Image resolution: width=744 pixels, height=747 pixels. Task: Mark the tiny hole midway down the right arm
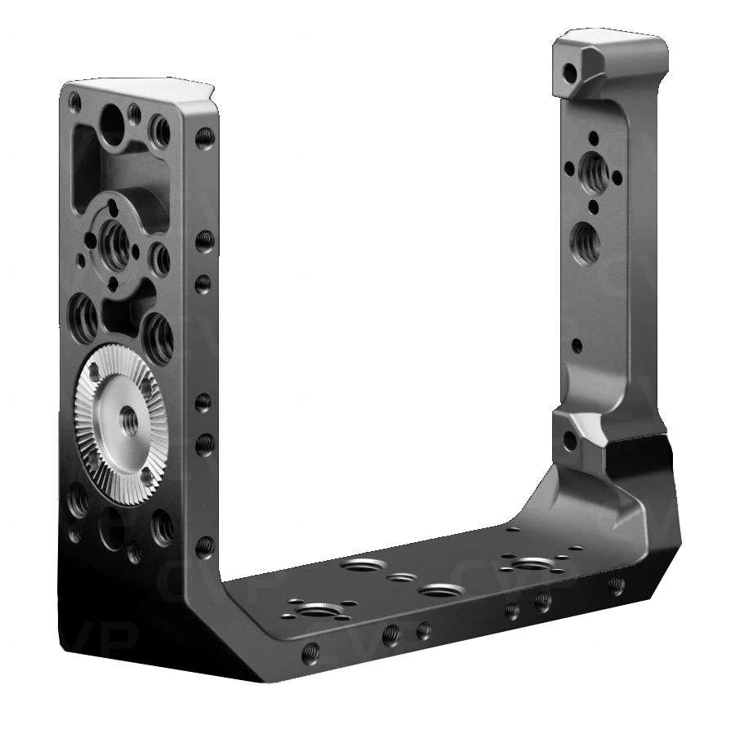(x=577, y=345)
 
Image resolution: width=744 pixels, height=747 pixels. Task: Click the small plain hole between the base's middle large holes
(x=399, y=578)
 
